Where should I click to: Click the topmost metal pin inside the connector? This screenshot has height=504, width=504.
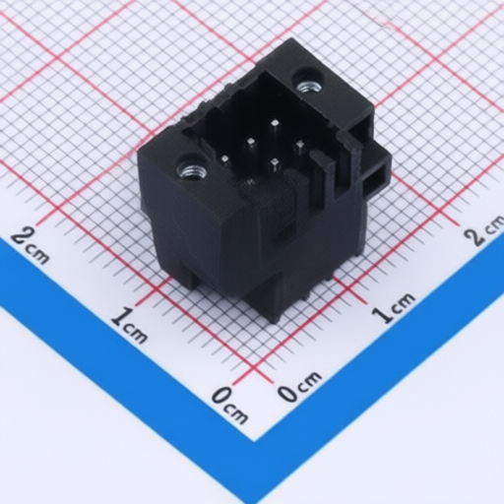pos(275,123)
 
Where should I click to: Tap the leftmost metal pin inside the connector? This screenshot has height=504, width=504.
pos(225,158)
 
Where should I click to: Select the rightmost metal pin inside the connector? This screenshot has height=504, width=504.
pos(299,144)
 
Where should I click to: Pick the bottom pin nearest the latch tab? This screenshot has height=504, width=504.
pos(276,161)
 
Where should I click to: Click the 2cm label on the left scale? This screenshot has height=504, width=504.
pos(31,246)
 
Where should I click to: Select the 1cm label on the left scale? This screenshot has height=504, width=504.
pos(129,326)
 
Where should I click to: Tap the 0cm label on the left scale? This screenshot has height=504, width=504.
pos(229,407)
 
